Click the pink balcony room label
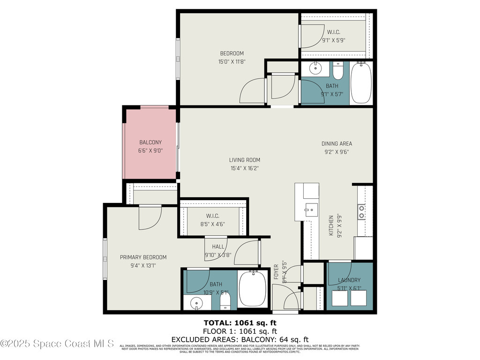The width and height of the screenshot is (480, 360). coord(150,142)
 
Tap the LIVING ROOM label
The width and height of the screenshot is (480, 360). coord(245,160)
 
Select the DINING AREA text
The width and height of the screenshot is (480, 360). coord(336,143)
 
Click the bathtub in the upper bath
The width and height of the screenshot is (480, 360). coord(361,83)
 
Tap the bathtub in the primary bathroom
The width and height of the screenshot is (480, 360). coord(253,289)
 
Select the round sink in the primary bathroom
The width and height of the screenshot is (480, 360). coord(196,303)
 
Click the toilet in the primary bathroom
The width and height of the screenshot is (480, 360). coord(225,300)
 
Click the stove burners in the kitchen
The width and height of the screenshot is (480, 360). coord(362,212)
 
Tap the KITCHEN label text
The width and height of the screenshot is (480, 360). coord(331,225)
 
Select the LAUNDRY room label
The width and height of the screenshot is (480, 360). coord(349,280)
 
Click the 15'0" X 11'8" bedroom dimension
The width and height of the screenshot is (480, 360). coord(232,61)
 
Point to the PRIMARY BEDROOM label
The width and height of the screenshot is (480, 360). coord(143,257)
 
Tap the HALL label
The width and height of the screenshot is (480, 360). coord(218,247)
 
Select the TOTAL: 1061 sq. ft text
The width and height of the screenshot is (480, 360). coord(239,322)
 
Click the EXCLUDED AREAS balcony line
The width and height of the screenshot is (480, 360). coord(240,339)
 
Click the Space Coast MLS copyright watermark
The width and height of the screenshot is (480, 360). coord(57,344)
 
